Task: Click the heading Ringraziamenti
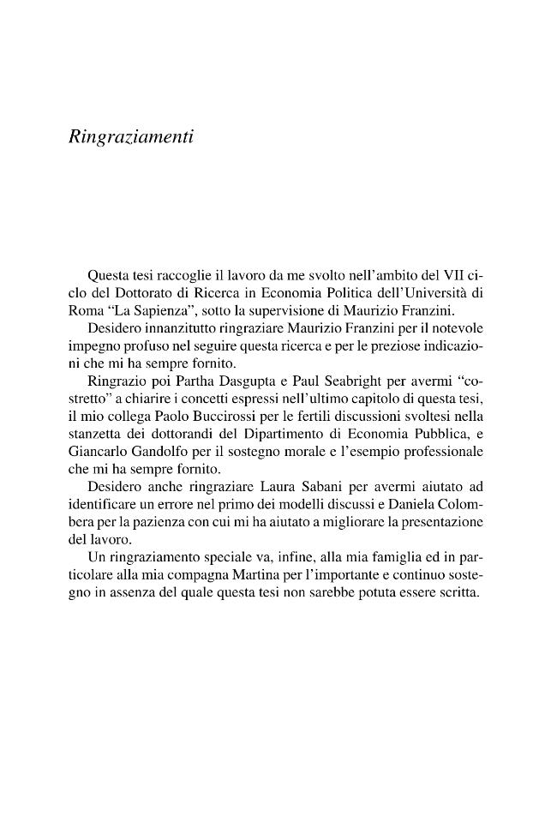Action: pyautogui.click(x=129, y=136)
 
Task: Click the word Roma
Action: pyautogui.click(x=85, y=310)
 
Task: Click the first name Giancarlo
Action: pyautogui.click(x=97, y=451)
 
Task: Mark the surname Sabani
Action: pyautogui.click(x=336, y=486)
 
